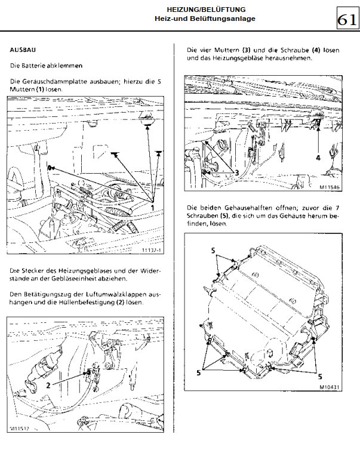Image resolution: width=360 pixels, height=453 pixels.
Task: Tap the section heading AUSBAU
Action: (21, 50)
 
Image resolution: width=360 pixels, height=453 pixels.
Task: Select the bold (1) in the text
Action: (37, 88)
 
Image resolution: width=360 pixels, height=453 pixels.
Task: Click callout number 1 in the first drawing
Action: (152, 207)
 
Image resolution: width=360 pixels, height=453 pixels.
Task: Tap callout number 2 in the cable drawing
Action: (48, 385)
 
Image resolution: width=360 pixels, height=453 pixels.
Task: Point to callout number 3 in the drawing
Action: (236, 172)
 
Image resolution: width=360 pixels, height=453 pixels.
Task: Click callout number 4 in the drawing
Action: (318, 158)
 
